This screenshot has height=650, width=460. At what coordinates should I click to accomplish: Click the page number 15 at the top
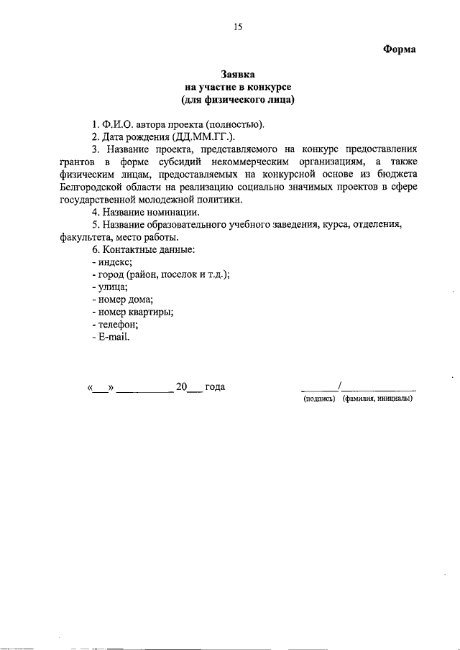point(238,27)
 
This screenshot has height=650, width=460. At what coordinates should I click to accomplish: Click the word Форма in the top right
point(399,49)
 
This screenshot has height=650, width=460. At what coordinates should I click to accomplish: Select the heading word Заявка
point(238,74)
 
